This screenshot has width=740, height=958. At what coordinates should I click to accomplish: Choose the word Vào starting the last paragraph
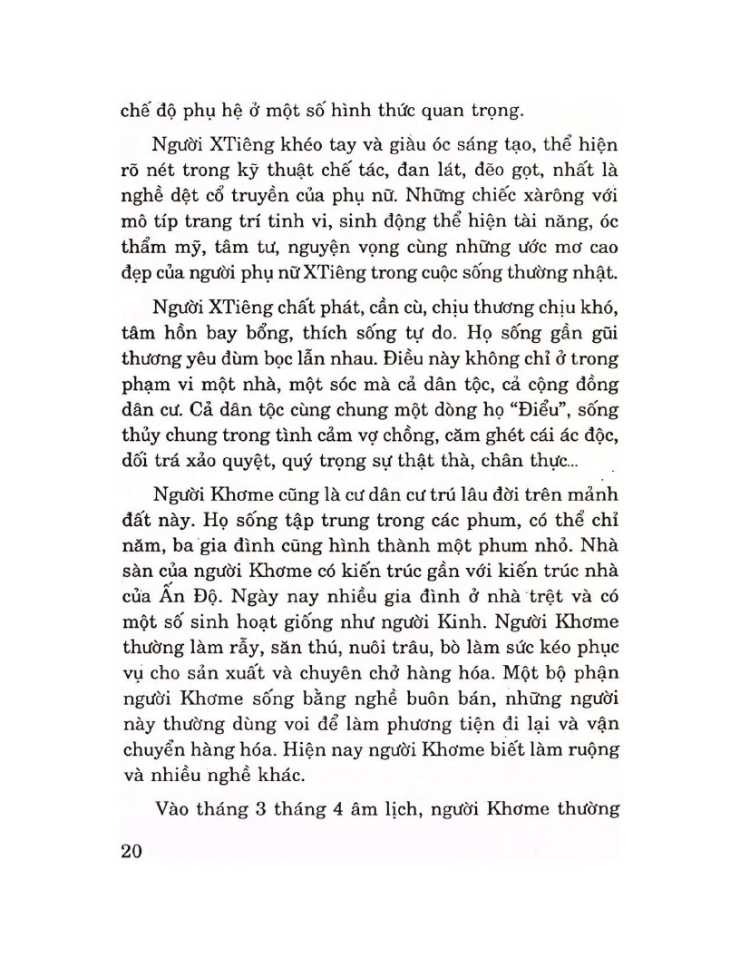(x=174, y=806)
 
